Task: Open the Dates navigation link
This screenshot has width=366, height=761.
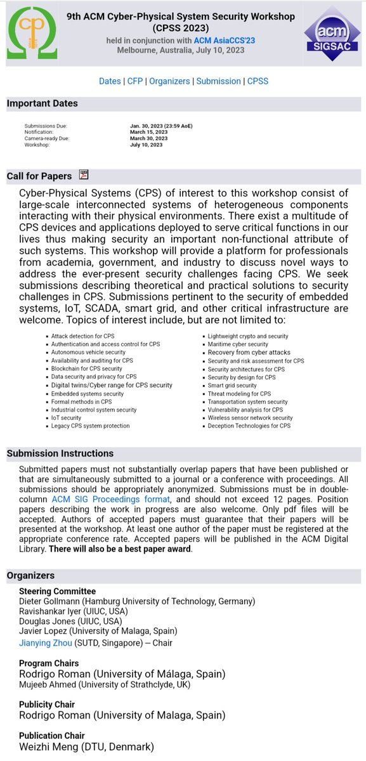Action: point(110,81)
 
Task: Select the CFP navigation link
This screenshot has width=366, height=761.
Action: point(135,81)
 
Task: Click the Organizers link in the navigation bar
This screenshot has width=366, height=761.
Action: point(169,81)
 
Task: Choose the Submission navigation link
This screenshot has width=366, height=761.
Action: point(218,81)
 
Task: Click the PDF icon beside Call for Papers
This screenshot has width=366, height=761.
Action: point(84,174)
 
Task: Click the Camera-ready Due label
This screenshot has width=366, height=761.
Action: point(47,138)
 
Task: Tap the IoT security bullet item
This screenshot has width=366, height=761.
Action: point(66,418)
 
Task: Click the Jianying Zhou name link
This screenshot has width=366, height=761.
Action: point(45,643)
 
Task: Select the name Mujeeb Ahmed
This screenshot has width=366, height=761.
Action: point(51,684)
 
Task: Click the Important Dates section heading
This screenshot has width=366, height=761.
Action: point(42,103)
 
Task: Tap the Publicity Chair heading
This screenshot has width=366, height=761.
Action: point(47,705)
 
